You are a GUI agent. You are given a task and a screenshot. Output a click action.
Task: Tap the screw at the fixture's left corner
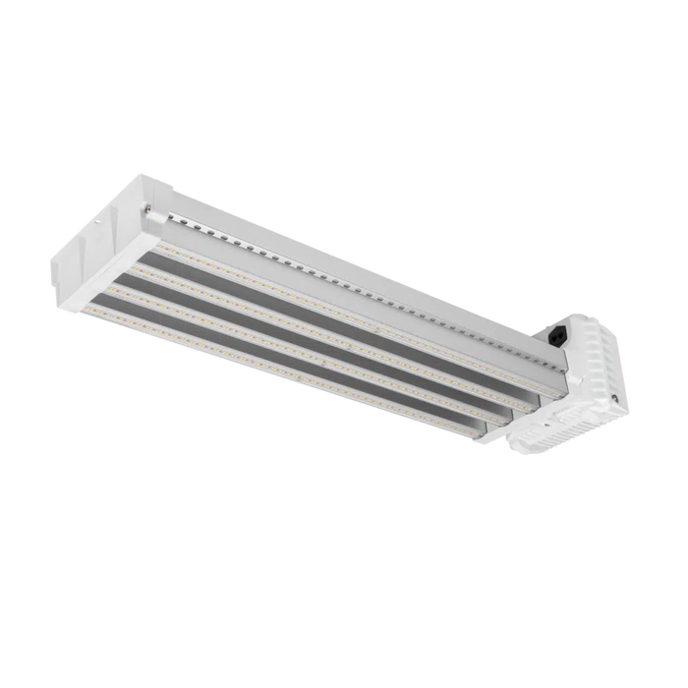[x=147, y=207]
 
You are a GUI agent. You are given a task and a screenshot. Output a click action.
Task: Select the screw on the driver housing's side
[x=614, y=398]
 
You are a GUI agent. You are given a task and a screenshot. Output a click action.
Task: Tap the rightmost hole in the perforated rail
[x=561, y=366]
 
